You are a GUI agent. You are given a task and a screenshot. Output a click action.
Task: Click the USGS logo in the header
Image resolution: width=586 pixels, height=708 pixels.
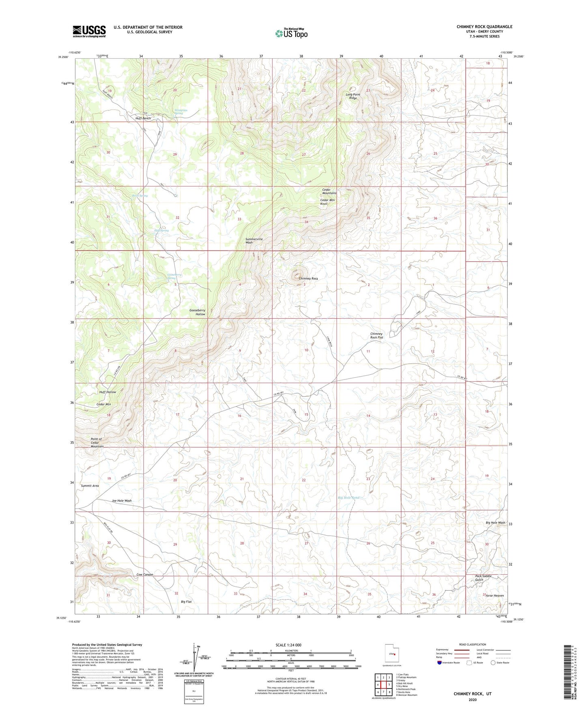89,31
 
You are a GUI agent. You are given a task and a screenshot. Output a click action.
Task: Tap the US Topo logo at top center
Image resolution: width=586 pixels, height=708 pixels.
291,33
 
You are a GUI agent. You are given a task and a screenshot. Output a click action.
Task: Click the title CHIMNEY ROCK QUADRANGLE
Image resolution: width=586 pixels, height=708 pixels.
484,27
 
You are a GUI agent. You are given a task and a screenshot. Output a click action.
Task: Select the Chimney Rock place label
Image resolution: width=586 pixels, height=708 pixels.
308,279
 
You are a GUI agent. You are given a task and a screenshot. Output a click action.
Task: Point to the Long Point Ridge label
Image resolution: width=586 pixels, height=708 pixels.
353,96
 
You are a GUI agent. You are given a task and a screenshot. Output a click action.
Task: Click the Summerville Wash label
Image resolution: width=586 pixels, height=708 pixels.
254,240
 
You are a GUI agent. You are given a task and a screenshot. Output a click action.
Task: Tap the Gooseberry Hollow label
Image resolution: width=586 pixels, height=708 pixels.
197,312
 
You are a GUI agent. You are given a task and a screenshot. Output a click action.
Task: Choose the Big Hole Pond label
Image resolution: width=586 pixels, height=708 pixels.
349,498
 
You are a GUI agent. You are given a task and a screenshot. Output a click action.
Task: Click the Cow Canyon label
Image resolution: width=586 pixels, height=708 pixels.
144,575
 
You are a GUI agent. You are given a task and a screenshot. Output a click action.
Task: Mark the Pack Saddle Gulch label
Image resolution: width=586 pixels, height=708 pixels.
483,577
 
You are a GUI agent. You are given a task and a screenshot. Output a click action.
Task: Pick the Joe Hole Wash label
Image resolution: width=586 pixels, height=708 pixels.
122,500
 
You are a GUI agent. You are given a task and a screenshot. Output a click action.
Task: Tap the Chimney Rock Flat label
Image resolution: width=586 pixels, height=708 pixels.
376,335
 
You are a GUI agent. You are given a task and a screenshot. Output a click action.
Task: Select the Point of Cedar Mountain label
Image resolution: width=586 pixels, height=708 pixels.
97,442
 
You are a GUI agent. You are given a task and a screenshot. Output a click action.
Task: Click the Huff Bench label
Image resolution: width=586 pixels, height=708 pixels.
143,118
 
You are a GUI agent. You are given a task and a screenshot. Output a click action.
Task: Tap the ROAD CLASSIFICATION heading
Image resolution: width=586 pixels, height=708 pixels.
472,644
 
